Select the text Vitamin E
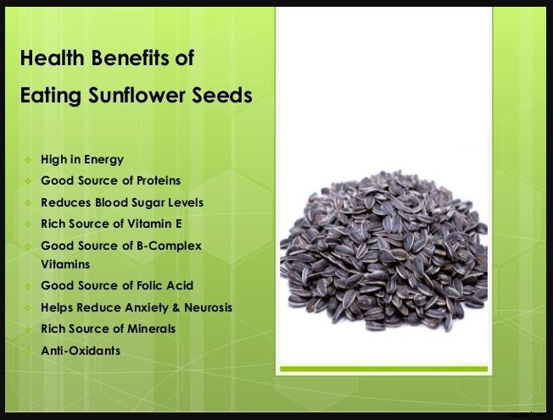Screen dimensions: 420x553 (x=154, y=224)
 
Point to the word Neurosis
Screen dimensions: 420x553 (x=211, y=307)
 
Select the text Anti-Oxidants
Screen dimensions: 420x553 (x=81, y=350)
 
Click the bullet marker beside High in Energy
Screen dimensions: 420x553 (x=28, y=159)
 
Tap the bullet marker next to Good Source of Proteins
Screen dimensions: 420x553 (x=28, y=181)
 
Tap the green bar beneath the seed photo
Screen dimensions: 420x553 (x=383, y=368)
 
